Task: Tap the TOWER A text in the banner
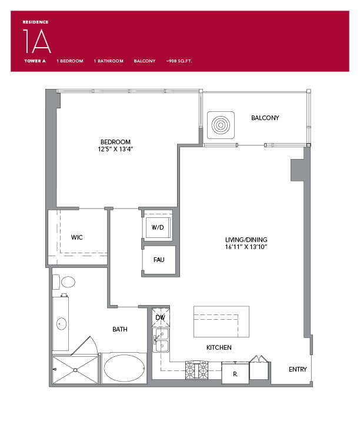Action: (x=34, y=61)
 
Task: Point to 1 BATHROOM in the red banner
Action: (x=108, y=61)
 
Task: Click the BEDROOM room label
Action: (x=115, y=142)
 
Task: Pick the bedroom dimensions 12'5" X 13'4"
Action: (x=115, y=149)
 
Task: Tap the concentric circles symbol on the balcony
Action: (x=221, y=125)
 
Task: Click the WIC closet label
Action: (x=76, y=237)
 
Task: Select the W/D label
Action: (x=158, y=227)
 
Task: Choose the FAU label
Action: (x=159, y=260)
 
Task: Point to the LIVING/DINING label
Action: (x=246, y=240)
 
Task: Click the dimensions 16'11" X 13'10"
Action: (x=246, y=247)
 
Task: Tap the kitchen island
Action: (x=221, y=321)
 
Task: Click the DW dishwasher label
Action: (x=160, y=317)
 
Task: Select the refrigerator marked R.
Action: (x=234, y=373)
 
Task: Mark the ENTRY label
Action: (x=298, y=369)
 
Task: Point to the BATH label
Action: (x=120, y=329)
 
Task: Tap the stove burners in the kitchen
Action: (x=197, y=370)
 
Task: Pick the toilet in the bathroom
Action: (x=68, y=281)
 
